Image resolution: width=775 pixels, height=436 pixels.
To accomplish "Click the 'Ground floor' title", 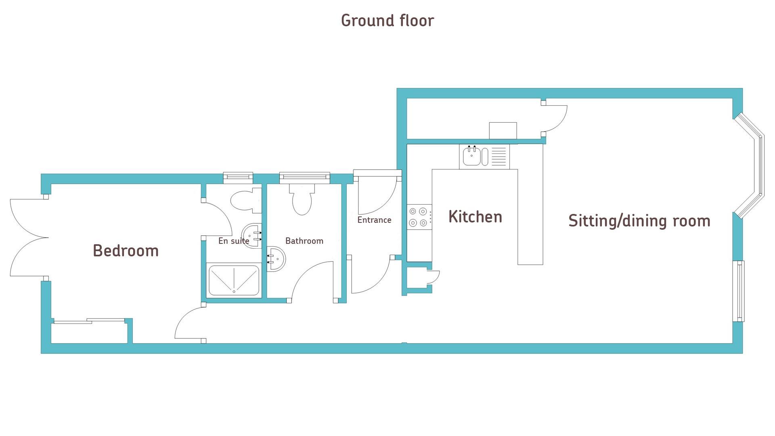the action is coord(387,21).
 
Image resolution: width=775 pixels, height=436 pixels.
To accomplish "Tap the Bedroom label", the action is coord(126,251).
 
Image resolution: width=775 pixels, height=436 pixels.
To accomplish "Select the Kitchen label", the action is coord(475,217).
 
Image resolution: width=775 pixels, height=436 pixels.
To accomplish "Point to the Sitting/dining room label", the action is coord(639,221).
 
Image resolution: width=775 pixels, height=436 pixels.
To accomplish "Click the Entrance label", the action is coord(374,220).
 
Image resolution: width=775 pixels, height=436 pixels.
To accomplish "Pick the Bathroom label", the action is coord(304,241).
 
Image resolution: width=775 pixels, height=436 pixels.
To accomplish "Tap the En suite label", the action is coord(234,241).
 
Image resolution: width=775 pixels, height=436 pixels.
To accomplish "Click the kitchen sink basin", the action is coord(471,156).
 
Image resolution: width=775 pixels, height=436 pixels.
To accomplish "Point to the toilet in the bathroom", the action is coord(302,199).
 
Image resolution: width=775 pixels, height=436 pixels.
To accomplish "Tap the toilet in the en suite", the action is coord(245,199).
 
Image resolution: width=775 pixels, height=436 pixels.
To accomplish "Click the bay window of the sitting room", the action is coord(750,166).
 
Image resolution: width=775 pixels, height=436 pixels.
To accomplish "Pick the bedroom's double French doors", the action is coord(28,238).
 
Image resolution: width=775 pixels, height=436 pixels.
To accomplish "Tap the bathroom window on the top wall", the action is coord(304,177).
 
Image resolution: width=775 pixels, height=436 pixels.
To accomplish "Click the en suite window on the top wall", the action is coord(238,177).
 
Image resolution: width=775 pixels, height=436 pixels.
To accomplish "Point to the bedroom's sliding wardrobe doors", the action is coord(89,321).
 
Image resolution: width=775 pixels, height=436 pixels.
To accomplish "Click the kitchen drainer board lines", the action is coord(499,156).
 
